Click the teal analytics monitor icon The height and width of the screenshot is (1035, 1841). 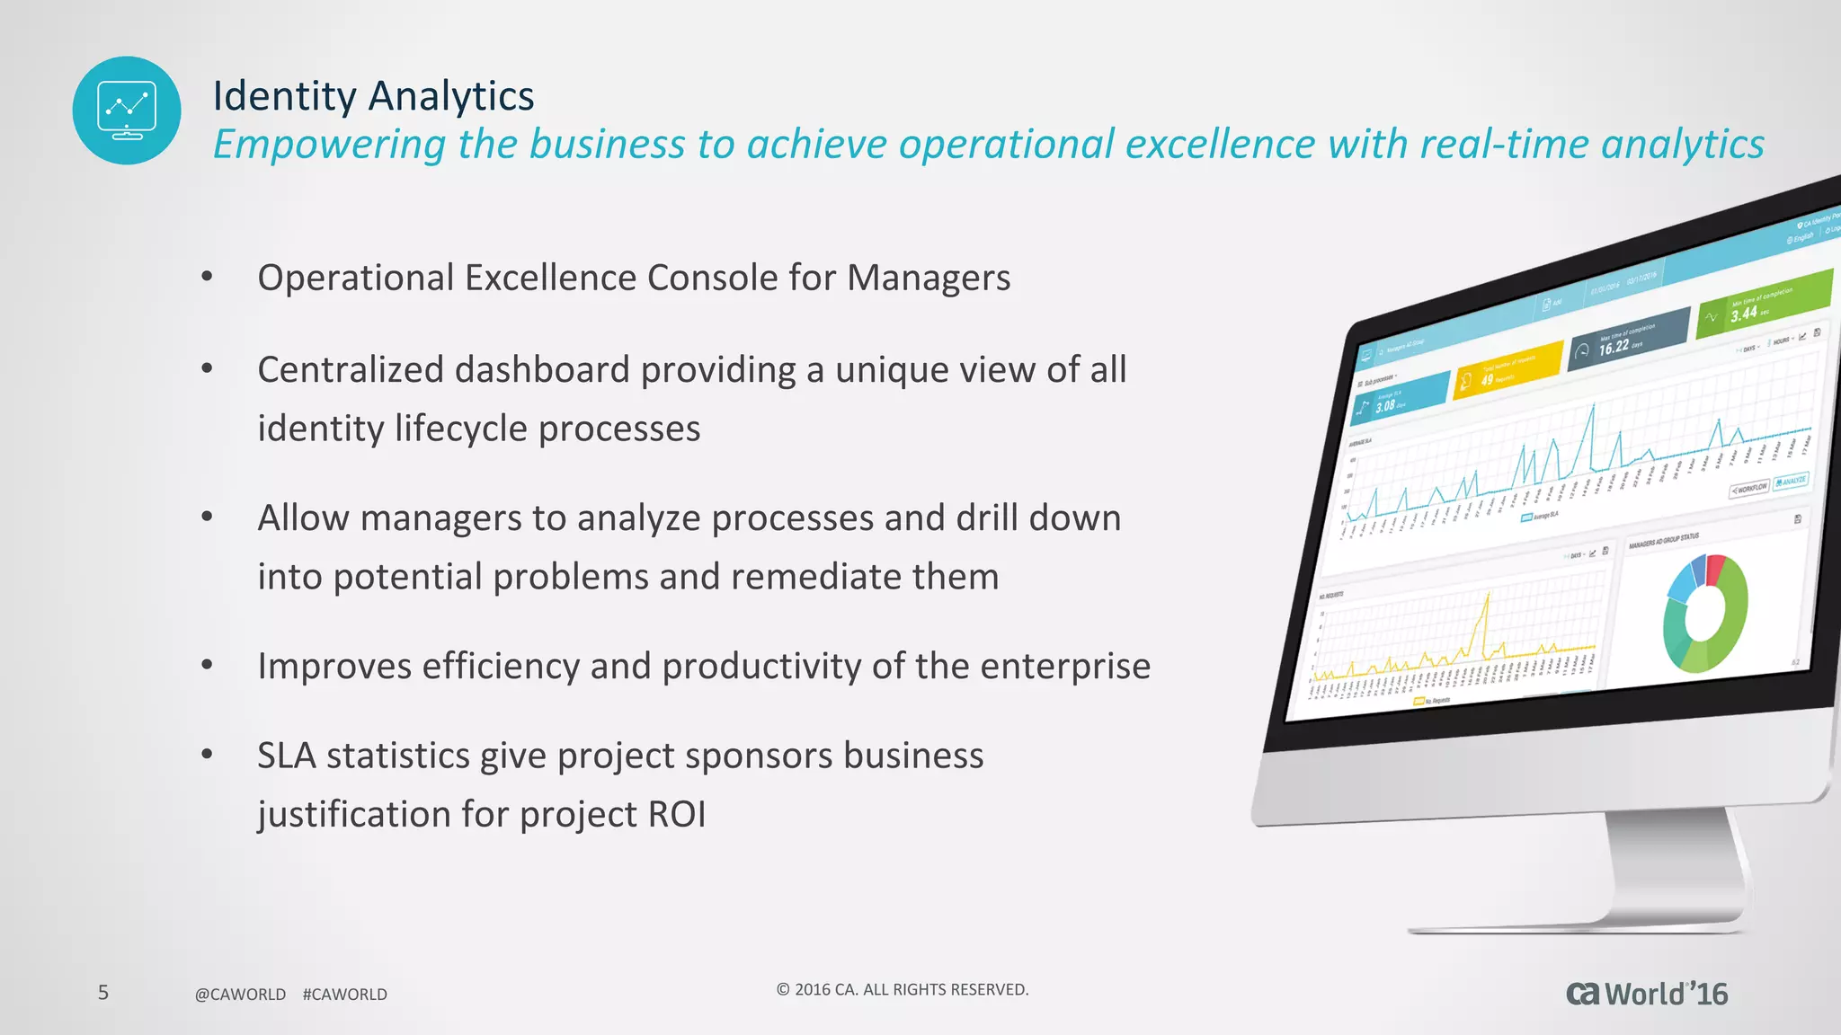click(127, 111)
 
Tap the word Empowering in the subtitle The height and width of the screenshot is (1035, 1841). click(329, 145)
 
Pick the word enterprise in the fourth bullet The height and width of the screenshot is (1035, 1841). click(1064, 667)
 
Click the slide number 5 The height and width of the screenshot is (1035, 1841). click(103, 992)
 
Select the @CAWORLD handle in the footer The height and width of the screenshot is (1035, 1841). click(240, 995)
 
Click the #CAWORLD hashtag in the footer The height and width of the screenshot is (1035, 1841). click(344, 995)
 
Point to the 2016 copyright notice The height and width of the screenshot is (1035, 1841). click(902, 989)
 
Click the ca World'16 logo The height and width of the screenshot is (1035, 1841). click(1646, 994)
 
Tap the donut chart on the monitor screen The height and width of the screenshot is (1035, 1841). click(1704, 614)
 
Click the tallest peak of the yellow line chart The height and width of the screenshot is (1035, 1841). click(1488, 594)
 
